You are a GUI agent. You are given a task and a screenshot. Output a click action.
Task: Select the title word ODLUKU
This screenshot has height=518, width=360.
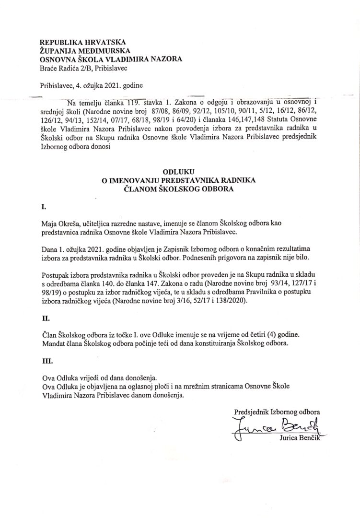tap(180, 171)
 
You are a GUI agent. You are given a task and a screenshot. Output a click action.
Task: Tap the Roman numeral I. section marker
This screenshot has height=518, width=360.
tap(43, 208)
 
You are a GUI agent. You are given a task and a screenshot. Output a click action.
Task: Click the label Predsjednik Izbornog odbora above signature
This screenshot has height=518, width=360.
tap(277, 411)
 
